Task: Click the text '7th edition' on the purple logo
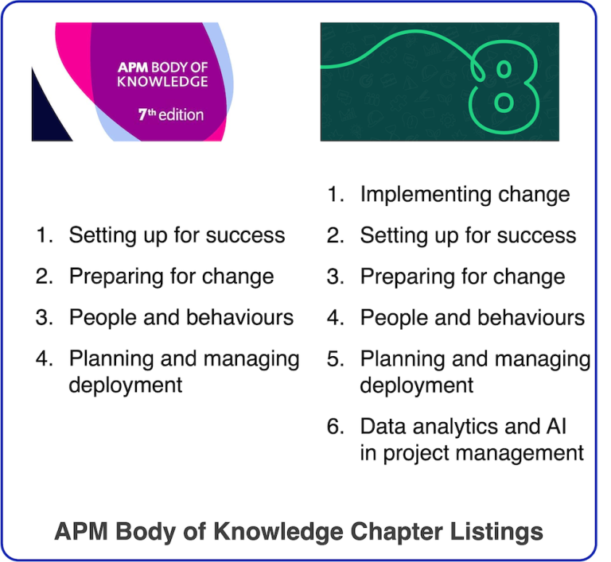pos(170,114)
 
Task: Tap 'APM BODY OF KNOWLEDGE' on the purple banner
pos(162,75)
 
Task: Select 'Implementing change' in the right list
pos(465,194)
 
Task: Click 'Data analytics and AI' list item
pos(464,426)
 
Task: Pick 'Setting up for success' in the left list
pos(177,235)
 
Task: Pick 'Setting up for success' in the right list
pos(468,235)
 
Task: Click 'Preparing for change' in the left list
pos(171,277)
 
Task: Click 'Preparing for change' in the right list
pos(462,277)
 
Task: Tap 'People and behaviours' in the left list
pos(181,318)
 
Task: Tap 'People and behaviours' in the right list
pos(473,318)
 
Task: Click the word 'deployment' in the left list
pos(126,386)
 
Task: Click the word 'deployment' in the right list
pos(417,386)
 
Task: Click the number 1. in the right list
pos(335,194)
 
